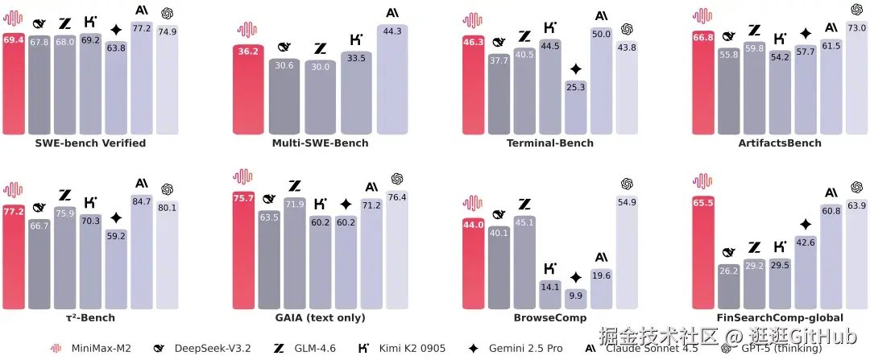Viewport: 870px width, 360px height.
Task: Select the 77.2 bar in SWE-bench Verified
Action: pyautogui.click(x=142, y=81)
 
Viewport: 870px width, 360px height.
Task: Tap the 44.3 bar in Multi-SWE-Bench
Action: pyautogui.click(x=392, y=81)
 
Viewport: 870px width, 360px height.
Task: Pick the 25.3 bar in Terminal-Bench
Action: pyautogui.click(x=575, y=109)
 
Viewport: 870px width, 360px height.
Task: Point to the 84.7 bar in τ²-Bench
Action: pyautogui.click(x=142, y=254)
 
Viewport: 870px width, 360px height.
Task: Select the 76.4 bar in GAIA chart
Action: pyautogui.click(x=397, y=254)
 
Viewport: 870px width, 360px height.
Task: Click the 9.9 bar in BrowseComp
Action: pyautogui.click(x=575, y=300)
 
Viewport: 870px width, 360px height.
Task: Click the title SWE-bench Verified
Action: pyautogui.click(x=90, y=143)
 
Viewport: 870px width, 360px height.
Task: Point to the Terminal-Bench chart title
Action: pyautogui.click(x=550, y=143)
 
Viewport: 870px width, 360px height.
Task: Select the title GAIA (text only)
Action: pyautogui.click(x=320, y=318)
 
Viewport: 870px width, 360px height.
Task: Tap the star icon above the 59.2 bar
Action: pyautogui.click(x=116, y=217)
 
